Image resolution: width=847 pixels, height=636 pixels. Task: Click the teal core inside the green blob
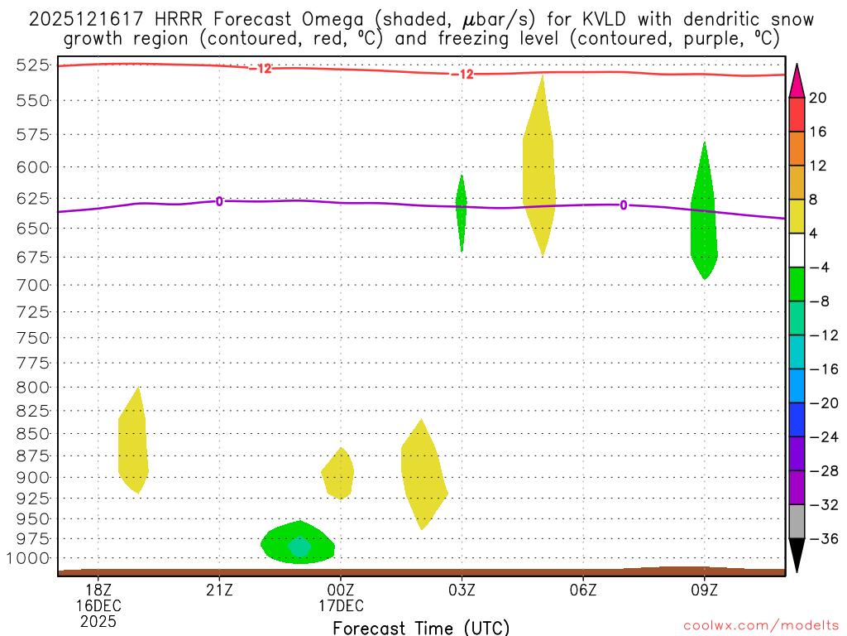[299, 547]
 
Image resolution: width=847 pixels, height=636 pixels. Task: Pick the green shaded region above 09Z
[704, 224]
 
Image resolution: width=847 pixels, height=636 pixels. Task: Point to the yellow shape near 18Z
[133, 447]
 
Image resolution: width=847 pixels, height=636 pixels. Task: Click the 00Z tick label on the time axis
[340, 590]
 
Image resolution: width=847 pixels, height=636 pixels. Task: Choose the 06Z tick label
[583, 590]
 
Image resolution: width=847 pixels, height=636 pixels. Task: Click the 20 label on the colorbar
[818, 98]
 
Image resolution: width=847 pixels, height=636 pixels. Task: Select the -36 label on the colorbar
[821, 539]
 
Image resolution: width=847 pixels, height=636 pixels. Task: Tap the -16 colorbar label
[821, 369]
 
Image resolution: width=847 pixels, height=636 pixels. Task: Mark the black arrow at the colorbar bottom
[797, 556]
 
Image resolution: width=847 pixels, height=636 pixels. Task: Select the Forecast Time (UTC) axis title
[421, 627]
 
